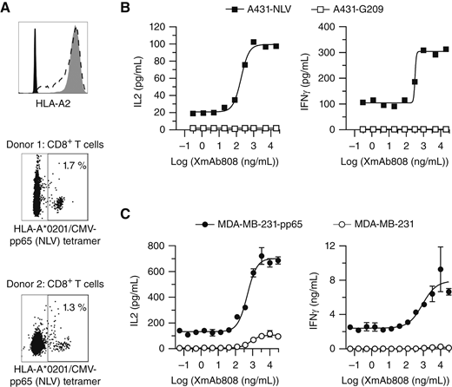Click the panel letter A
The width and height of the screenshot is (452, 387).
7,8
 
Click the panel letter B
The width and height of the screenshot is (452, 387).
129,8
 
